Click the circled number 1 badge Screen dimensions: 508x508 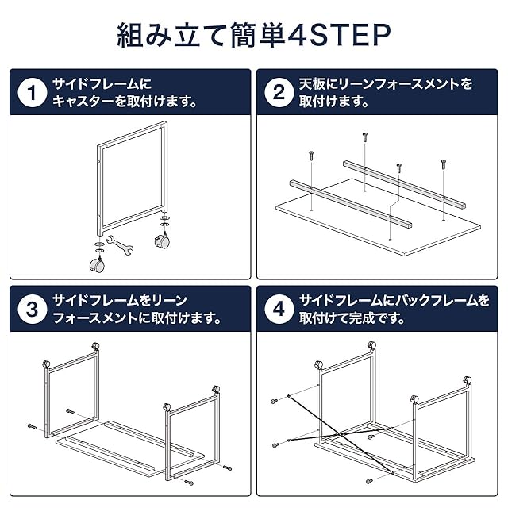pyautogui.click(x=32, y=92)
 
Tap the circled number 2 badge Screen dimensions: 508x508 pyautogui.click(x=279, y=92)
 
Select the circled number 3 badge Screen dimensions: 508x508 pyautogui.click(x=32, y=309)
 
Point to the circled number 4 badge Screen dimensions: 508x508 pyautogui.click(x=279, y=309)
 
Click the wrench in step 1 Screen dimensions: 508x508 pyautogui.click(x=120, y=244)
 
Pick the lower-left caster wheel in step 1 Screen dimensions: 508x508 pyautogui.click(x=97, y=264)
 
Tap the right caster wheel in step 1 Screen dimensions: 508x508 pyautogui.click(x=162, y=241)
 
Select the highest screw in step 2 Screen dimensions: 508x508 pyautogui.click(x=365, y=137)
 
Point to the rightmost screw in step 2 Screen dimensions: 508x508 pyautogui.click(x=443, y=164)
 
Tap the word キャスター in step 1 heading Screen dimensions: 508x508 pyautogui.click(x=83, y=102)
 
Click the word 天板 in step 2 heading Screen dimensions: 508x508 pyautogui.click(x=312, y=84)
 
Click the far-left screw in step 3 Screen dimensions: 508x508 pyautogui.click(x=32, y=426)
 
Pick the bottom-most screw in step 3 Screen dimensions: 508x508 pyautogui.click(x=189, y=483)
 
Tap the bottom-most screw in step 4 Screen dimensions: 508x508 pyautogui.click(x=369, y=482)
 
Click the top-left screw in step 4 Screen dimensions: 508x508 pyautogui.click(x=275, y=401)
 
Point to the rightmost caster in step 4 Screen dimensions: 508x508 pyautogui.click(x=467, y=381)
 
